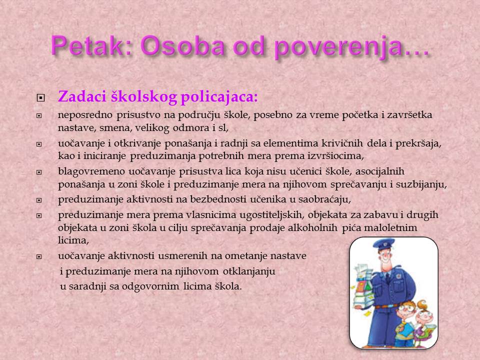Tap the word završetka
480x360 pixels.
410,115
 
